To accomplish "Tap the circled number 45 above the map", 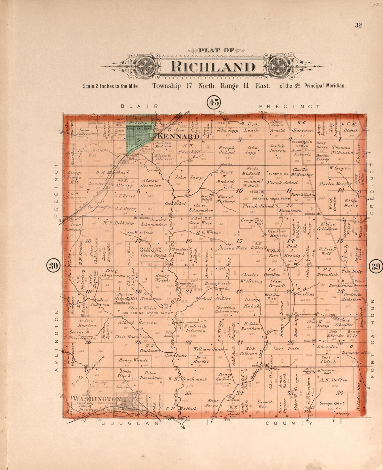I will [x=214, y=102].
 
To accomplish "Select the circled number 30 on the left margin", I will [x=53, y=266].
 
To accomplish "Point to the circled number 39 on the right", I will [x=376, y=267].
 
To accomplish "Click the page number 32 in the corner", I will [x=358, y=25].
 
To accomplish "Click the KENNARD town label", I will [x=179, y=136].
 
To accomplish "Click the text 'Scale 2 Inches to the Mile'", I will [x=111, y=86].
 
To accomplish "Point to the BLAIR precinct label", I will [x=139, y=106].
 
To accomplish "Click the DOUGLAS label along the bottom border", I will [x=131, y=423].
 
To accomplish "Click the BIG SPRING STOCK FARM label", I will [x=146, y=313].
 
